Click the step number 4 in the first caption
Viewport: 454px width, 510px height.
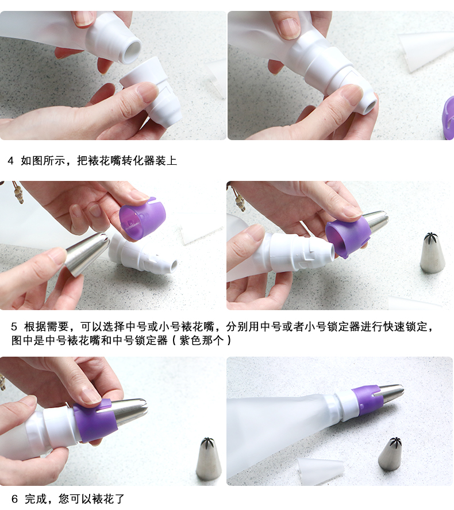tap(11, 160)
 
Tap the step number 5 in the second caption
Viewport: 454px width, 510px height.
tap(14, 326)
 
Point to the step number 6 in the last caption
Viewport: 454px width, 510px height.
tap(14, 499)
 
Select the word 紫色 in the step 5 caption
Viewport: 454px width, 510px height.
tap(190, 340)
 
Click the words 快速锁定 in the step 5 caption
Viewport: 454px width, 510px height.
tap(406, 326)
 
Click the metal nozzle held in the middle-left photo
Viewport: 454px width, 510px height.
tap(87, 252)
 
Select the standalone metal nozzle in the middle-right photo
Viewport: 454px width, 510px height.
tap(432, 252)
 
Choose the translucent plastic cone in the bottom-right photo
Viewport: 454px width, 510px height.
tap(321, 470)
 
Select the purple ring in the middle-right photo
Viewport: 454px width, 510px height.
tap(348, 237)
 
